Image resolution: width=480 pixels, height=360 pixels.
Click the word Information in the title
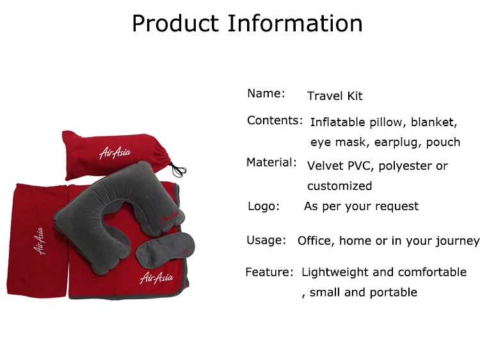[x=296, y=24]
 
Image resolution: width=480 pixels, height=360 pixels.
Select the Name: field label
[x=266, y=94]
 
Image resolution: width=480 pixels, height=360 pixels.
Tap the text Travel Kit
[x=335, y=96]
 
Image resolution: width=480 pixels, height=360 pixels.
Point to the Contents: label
[x=275, y=120]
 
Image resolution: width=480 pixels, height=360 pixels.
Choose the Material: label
[x=271, y=163]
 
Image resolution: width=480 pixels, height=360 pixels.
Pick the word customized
[x=339, y=186]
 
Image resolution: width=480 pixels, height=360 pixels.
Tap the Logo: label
[x=264, y=206]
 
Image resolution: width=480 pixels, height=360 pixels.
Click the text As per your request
[x=361, y=206]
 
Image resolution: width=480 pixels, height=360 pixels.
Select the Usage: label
[x=266, y=240]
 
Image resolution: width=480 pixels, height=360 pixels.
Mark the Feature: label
[x=269, y=272]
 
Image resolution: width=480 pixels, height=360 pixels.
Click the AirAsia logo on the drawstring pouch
[x=114, y=152]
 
